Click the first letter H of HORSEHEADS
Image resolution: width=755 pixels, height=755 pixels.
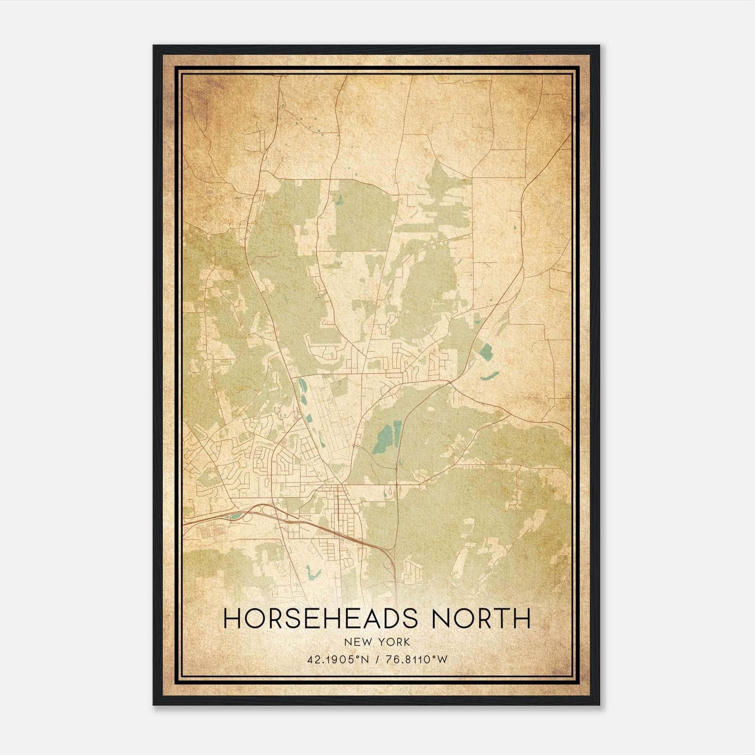point(231,619)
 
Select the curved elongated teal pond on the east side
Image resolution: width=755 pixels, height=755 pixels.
point(490,376)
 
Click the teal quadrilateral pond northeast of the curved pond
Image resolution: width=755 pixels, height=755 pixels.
point(486,350)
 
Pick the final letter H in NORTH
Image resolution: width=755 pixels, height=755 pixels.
point(522,619)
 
